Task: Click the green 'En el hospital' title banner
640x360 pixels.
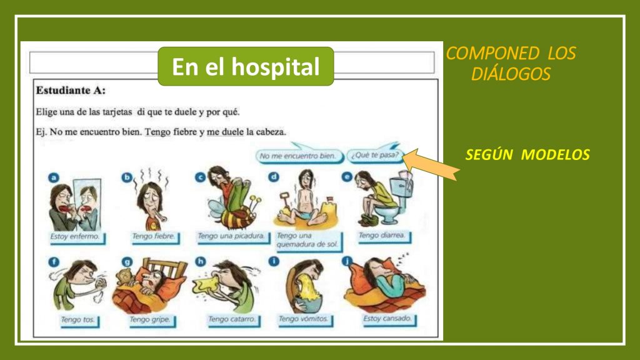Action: pos(246,66)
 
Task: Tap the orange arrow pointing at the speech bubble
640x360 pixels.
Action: pos(431,164)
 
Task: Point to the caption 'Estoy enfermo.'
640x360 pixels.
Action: pos(75,237)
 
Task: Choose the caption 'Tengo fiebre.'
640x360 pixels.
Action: pos(154,237)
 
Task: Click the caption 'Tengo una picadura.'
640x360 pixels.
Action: pos(231,236)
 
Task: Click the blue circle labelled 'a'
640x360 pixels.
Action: pos(54,178)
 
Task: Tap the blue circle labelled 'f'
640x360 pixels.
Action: pos(54,262)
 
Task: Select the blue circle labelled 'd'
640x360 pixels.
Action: pos(274,177)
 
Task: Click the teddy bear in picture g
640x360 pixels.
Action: pos(124,277)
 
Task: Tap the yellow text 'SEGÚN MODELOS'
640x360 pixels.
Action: pos(527,155)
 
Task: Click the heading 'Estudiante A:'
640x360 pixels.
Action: pos(71,91)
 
